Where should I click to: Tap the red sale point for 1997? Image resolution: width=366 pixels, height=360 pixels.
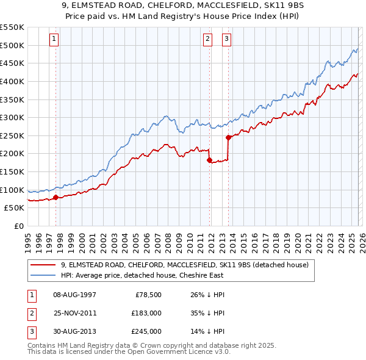tap(56, 197)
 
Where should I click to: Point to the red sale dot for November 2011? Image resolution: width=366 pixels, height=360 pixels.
tap(209, 160)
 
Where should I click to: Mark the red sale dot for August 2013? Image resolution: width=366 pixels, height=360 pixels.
tap(228, 137)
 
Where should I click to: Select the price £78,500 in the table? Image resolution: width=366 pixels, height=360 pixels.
tap(146, 294)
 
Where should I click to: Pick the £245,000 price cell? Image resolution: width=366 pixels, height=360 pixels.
tap(146, 332)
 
